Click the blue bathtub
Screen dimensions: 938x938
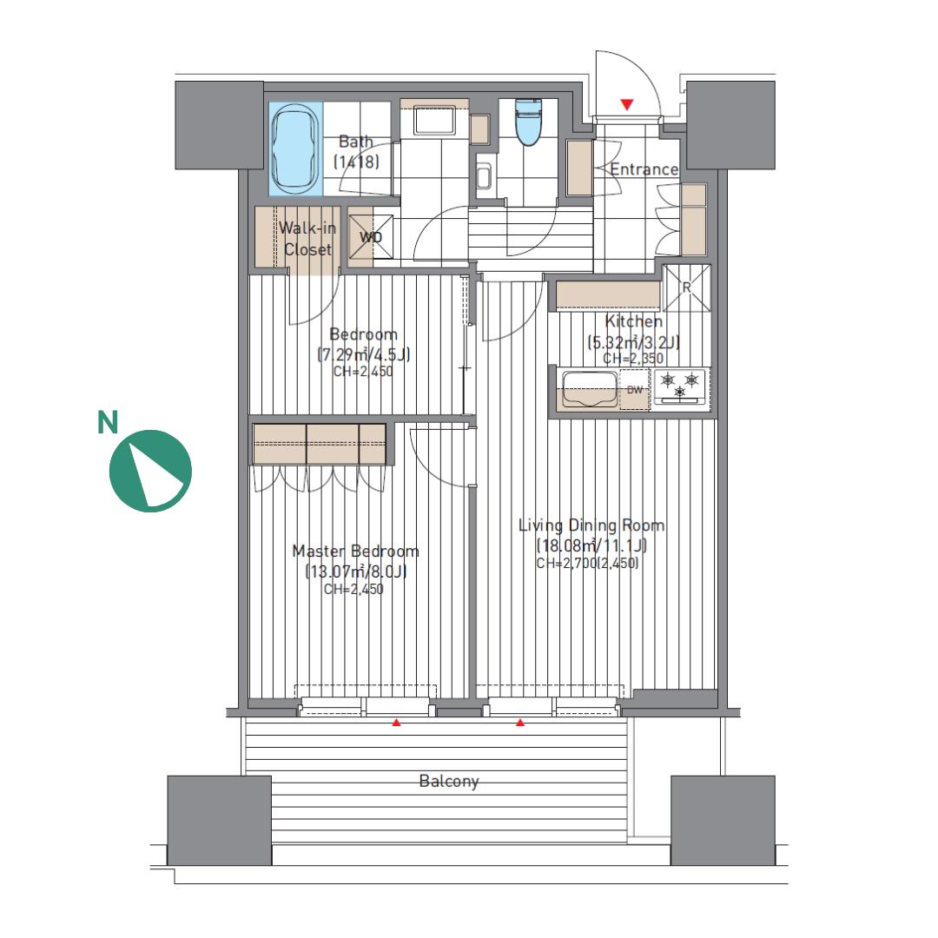click(295, 149)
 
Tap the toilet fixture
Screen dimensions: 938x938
click(528, 122)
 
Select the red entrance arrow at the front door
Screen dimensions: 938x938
click(626, 105)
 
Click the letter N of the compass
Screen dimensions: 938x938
click(108, 422)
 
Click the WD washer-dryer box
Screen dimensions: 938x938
click(370, 237)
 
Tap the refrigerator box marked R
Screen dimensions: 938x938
click(687, 287)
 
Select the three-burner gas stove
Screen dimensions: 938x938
click(680, 386)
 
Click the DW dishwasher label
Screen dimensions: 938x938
click(635, 390)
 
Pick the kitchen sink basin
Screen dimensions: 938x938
click(590, 389)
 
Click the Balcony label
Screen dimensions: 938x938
click(449, 782)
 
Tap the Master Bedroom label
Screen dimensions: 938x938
click(355, 551)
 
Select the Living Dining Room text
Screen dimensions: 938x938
click(591, 525)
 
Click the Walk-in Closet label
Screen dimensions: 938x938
click(307, 238)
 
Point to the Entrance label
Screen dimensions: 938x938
click(644, 169)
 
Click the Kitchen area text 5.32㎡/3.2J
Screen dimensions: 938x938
click(633, 342)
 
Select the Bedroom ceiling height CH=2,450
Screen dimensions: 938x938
click(363, 372)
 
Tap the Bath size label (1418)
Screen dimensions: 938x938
click(356, 162)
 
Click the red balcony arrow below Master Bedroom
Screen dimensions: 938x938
click(396, 723)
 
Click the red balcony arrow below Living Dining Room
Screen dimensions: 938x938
click(520, 723)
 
